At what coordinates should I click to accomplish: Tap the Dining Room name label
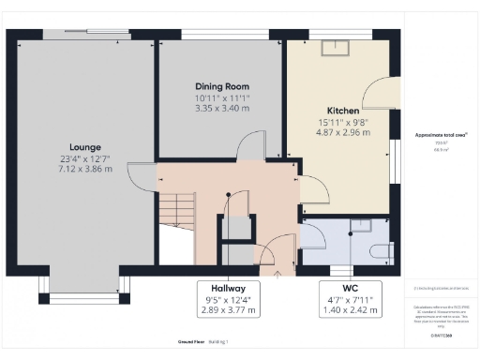[221, 86]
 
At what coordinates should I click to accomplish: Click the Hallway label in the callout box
[228, 288]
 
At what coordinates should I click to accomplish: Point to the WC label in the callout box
[351, 288]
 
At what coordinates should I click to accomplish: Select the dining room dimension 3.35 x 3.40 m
[221, 108]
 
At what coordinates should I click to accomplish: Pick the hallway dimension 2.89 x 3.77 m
[228, 308]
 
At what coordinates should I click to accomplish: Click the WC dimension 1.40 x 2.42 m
[351, 308]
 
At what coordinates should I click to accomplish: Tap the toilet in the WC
[378, 250]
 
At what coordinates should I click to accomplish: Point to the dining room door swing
[249, 146]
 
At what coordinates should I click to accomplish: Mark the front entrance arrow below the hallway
[277, 275]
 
